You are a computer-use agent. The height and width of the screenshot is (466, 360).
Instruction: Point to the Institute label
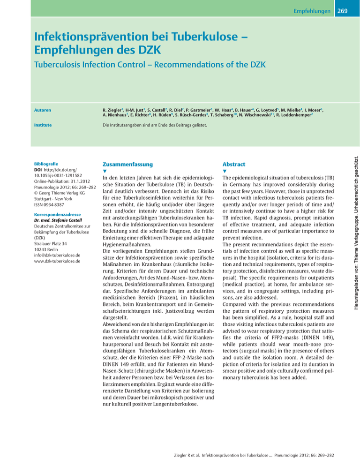pos(42,126)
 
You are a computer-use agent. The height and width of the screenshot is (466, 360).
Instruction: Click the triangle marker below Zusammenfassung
pos(105,172)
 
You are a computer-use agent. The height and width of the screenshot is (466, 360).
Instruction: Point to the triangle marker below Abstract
pos(225,172)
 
